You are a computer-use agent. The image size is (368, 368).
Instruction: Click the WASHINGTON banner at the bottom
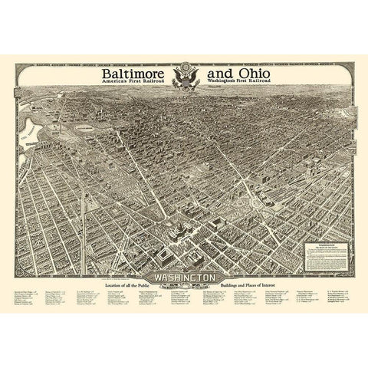(183, 278)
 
